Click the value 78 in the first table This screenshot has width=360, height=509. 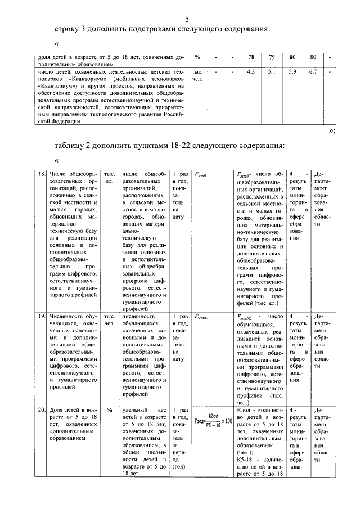pos(252,57)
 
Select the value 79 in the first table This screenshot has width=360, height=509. pos(272,57)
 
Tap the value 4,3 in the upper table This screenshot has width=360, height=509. pos(251,73)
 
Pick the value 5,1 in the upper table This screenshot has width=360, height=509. pos(272,73)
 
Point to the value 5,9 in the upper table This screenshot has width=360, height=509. pos(292,73)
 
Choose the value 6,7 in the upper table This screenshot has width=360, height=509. pos(313,73)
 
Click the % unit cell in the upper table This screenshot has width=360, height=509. pos(197,57)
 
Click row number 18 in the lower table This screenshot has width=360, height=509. pos(42,174)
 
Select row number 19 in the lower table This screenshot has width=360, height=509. pos(42,317)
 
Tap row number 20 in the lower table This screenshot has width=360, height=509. pos(42,411)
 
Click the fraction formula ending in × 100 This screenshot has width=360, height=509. pos(213,421)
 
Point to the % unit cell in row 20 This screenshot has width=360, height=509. pos(110,411)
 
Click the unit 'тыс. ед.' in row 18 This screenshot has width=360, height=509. pos(110,178)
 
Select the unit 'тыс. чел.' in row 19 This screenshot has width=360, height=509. pos(110,320)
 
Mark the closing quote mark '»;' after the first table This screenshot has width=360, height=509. pos(331,130)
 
